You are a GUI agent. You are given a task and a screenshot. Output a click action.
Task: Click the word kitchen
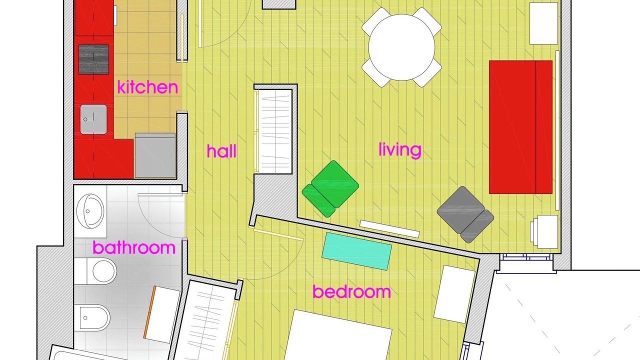pos(147,87)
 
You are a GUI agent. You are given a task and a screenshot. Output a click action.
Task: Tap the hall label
pos(221,151)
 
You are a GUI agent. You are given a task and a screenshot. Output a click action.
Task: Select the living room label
pos(399,150)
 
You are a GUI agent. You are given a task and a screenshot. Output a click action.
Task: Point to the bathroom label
pos(134,247)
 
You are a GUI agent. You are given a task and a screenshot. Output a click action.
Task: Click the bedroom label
pos(351,291)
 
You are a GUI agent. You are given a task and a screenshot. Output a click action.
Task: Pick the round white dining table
pos(401,47)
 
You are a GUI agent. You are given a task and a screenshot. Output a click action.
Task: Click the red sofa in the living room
pos(520,127)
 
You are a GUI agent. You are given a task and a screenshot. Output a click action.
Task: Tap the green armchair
pos(330,188)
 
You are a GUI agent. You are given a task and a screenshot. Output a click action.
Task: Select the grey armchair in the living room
pos(465,214)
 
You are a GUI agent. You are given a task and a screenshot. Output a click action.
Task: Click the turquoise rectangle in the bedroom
pos(357,251)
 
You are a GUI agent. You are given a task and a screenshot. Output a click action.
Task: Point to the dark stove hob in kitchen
pos(93,59)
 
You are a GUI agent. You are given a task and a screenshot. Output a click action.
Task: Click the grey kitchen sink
pos(93,119)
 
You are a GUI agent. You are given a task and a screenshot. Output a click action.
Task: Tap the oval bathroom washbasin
pos(90,211)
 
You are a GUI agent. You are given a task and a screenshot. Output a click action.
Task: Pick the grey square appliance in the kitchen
pos(155,155)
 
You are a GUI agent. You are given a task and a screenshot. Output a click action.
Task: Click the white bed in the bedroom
pos(338,335)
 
